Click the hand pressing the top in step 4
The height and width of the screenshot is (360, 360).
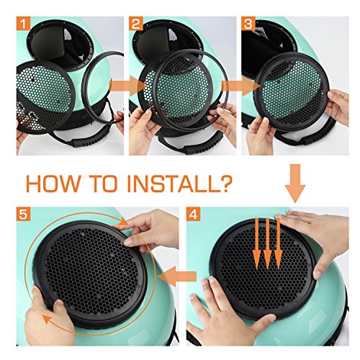317,223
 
